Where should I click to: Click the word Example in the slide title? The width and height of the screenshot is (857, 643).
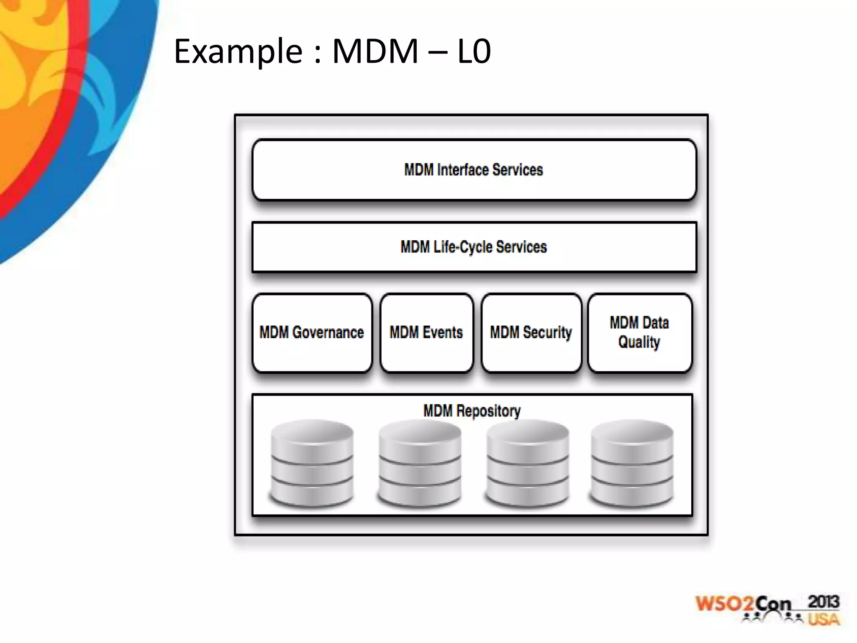click(x=238, y=51)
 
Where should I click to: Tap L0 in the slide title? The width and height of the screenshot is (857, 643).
click(x=474, y=51)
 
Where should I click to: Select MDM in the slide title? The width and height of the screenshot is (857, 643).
click(x=375, y=51)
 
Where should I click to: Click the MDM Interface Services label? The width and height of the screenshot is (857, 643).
click(x=473, y=170)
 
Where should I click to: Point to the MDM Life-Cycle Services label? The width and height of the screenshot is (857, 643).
click(x=473, y=247)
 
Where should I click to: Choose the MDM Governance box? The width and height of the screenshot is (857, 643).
click(x=312, y=333)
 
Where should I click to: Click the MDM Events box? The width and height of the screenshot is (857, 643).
click(x=426, y=333)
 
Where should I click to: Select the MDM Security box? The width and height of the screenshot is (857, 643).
click(x=531, y=333)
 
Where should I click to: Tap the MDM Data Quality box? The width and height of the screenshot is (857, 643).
click(x=639, y=333)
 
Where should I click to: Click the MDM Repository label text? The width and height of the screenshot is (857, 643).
click(x=472, y=411)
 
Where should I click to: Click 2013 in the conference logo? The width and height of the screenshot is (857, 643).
click(x=823, y=602)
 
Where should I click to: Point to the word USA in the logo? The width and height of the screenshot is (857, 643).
click(x=823, y=619)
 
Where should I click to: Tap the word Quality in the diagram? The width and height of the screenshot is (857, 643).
click(x=639, y=342)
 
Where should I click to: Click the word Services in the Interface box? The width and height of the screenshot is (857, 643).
click(x=518, y=170)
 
